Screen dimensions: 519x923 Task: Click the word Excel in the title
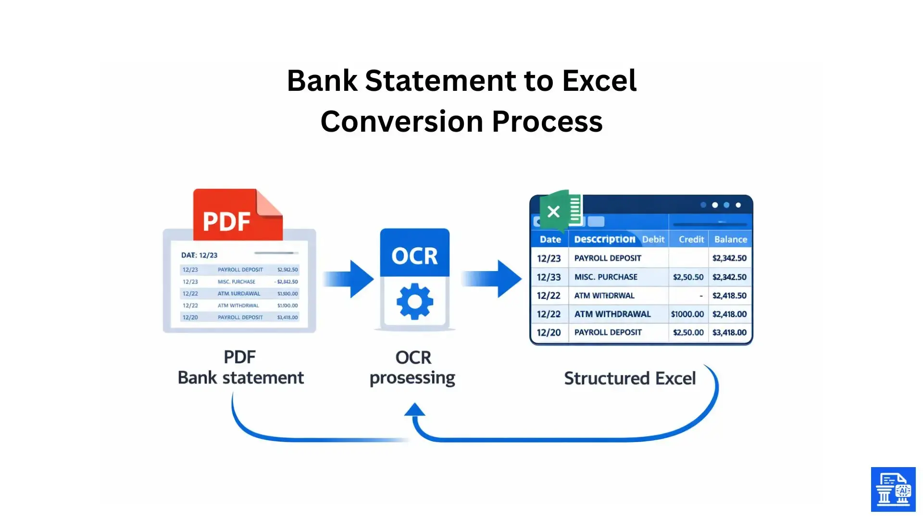point(599,80)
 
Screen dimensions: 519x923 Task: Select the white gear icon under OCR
point(415,302)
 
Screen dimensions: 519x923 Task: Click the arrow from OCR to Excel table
point(493,279)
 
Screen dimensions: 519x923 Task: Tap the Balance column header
point(730,239)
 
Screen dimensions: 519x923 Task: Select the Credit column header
point(691,239)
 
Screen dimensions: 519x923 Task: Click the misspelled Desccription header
point(604,239)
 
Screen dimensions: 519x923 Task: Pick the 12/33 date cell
point(549,277)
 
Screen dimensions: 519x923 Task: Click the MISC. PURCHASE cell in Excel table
point(606,277)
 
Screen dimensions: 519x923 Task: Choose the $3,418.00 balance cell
point(729,333)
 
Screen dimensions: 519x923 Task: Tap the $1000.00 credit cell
point(687,314)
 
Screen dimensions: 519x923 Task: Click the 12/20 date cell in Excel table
point(549,333)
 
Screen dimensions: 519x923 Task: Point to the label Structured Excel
point(629,379)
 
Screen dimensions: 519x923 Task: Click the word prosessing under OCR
point(412,379)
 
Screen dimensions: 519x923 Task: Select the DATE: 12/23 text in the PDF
point(199,255)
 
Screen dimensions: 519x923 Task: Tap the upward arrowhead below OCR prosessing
point(414,410)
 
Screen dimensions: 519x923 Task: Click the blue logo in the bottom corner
point(893,489)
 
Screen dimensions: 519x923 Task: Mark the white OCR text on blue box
point(414,256)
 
